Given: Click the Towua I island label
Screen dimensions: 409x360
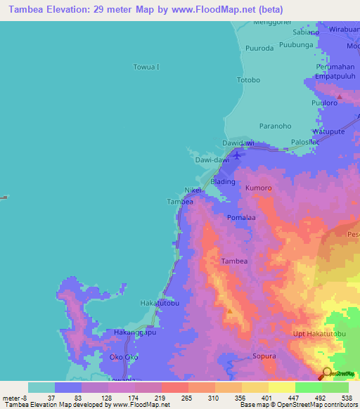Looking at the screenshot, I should click(x=146, y=67).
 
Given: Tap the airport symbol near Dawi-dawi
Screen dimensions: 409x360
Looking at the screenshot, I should click(x=238, y=155).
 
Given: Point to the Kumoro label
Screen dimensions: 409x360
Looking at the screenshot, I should click(x=258, y=188).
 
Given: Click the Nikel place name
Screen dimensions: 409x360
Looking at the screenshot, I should click(x=193, y=190).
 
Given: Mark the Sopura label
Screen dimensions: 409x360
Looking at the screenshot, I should click(x=264, y=357).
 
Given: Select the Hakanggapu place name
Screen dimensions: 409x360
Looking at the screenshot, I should click(x=135, y=332).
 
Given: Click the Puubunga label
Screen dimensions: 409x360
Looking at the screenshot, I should click(x=295, y=49).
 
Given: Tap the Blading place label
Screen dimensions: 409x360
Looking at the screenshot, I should click(x=223, y=181).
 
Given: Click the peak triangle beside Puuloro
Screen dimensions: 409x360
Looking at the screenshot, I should click(x=340, y=95).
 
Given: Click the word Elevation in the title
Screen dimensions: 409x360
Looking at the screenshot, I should click(x=66, y=9).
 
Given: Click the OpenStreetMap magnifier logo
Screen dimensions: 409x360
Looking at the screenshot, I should click(x=327, y=373).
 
